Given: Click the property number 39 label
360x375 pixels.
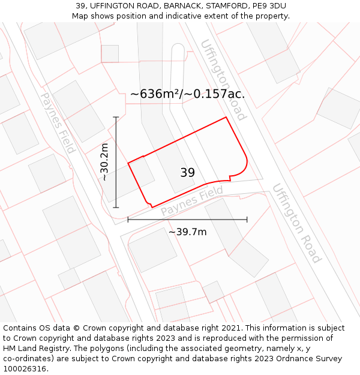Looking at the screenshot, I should [187, 173].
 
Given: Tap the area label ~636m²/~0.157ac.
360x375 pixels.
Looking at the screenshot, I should [187, 94].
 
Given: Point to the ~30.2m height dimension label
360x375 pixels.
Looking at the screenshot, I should [104, 162].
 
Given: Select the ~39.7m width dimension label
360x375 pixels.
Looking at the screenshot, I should [187, 232].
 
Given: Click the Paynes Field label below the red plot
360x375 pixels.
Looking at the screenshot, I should [191, 202].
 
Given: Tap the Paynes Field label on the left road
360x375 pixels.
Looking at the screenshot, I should [57, 122].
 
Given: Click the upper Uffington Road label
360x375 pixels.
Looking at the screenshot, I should [223, 80].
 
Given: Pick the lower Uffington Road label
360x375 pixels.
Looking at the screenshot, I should [296, 223].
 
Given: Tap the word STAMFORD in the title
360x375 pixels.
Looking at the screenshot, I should [214, 6].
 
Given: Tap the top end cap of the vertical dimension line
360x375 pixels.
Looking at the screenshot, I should [116, 117].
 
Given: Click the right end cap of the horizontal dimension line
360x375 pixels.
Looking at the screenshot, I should [247, 220].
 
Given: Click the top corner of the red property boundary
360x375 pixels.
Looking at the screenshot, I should [226, 117].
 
